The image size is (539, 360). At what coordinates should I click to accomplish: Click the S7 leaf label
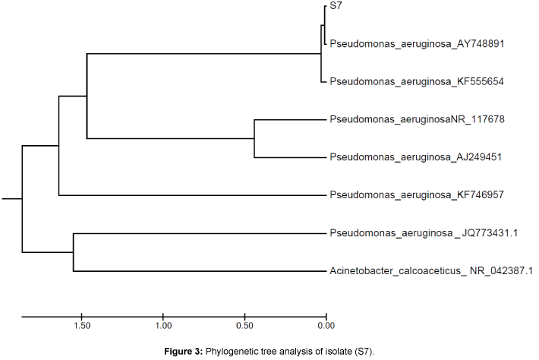click(x=335, y=7)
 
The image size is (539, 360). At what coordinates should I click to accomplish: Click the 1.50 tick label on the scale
click(x=81, y=327)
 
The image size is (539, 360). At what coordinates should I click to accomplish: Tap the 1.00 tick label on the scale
click(x=162, y=327)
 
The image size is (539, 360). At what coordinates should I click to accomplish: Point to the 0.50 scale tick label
click(x=244, y=327)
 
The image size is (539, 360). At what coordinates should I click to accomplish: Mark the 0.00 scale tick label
click(x=326, y=327)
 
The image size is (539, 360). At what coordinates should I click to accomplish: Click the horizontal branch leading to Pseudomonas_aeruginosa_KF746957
click(x=190, y=195)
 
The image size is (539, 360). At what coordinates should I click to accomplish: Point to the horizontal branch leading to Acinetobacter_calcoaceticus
click(x=197, y=271)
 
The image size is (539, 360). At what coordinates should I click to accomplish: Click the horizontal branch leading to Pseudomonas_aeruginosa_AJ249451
click(x=288, y=157)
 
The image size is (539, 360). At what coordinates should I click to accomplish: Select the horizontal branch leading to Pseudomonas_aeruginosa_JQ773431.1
click(x=197, y=233)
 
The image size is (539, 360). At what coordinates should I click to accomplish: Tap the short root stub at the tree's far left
click(x=11, y=199)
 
